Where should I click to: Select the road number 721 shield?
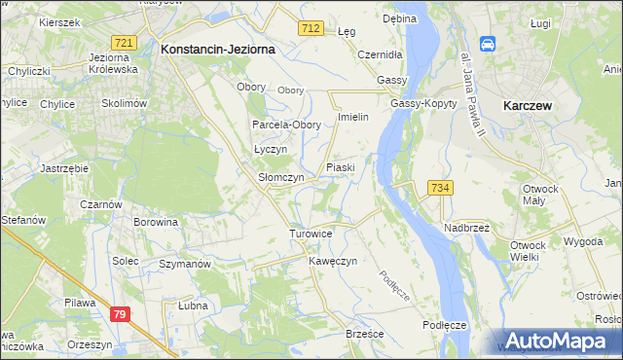124,44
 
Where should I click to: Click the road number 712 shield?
311,30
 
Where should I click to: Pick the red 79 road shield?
120,314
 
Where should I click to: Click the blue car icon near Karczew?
489,45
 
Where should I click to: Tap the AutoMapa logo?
559,341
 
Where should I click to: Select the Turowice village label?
311,234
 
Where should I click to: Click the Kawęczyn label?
334,262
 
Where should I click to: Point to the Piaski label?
340,167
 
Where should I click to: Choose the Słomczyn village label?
280,178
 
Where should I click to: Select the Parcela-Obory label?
286,126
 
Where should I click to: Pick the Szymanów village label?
185,264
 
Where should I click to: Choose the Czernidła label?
381,54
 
